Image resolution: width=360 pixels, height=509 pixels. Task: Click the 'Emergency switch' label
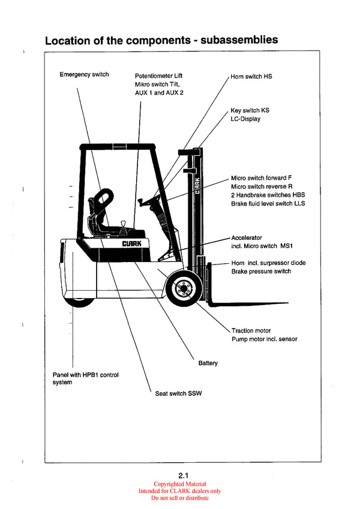tap(84, 74)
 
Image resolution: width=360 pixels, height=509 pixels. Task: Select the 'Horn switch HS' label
tap(251, 77)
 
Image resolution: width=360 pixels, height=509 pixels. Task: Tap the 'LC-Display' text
tap(245, 119)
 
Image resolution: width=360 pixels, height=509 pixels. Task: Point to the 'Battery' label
tap(208, 363)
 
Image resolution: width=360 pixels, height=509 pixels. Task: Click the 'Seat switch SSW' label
tap(178, 393)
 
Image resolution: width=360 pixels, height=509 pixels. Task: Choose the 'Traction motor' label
tap(251, 330)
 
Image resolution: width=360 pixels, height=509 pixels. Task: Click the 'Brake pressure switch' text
tap(261, 272)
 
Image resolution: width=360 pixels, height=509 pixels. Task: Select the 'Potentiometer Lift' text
tap(158, 76)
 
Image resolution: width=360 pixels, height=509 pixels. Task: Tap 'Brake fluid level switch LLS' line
tap(268, 204)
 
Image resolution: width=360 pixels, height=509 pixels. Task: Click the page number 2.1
tap(179, 475)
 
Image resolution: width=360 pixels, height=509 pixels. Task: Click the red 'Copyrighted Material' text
tap(179, 484)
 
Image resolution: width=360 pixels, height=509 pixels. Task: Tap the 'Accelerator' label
tap(247, 238)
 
